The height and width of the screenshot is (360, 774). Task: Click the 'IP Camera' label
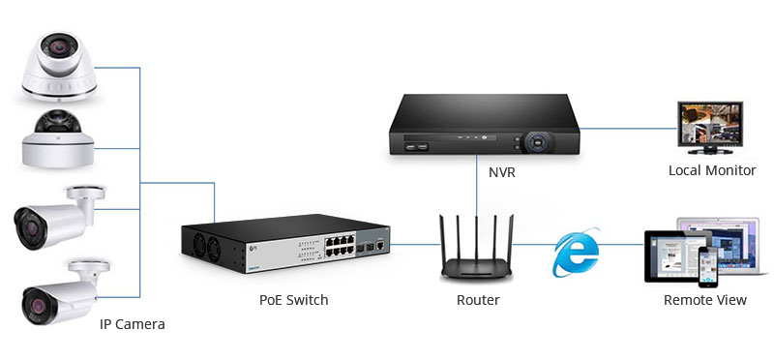[133, 324]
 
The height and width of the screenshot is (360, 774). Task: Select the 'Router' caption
[478, 300]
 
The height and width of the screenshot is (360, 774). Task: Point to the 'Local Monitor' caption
[712, 170]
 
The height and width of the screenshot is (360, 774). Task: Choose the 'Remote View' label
[704, 300]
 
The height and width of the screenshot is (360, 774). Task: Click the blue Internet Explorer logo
[576, 254]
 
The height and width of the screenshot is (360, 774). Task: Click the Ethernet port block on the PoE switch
[329, 242]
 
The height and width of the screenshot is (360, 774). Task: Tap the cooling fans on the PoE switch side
[204, 243]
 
